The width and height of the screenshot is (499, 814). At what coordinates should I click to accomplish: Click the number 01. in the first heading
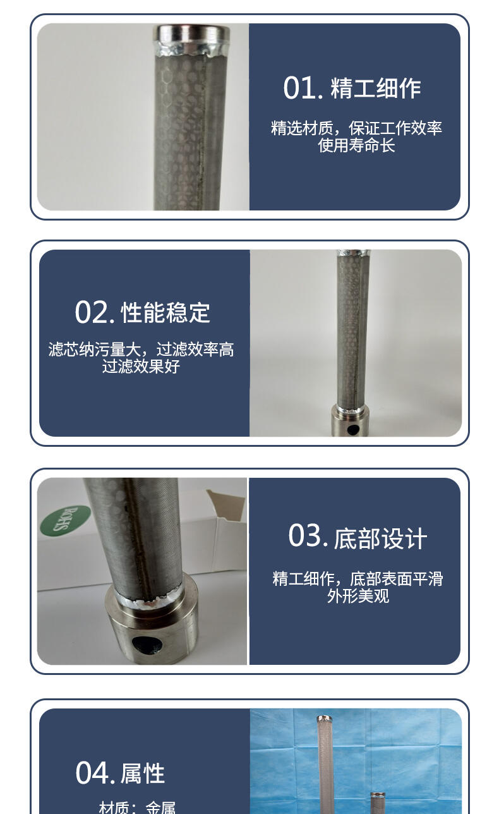[303, 88]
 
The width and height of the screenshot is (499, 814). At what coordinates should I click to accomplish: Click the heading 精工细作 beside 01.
[376, 88]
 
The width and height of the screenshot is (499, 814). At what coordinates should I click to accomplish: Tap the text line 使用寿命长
[356, 145]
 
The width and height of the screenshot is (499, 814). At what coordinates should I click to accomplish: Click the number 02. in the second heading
[95, 312]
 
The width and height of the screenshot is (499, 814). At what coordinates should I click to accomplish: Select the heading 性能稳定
[165, 312]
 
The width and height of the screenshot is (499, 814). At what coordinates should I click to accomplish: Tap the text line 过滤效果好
[141, 367]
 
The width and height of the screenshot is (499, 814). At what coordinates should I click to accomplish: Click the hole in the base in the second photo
[353, 430]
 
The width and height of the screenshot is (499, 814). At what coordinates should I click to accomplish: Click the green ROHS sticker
[65, 520]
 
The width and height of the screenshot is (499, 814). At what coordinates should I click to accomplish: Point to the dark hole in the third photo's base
[147, 645]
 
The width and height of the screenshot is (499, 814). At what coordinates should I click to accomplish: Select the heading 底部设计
[380, 538]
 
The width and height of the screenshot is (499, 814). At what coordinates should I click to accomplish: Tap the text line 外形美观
[358, 596]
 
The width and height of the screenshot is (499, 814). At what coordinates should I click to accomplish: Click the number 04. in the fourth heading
[95, 772]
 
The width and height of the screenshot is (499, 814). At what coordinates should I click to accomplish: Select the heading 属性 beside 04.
[143, 773]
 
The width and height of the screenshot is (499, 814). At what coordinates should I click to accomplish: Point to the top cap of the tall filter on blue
[324, 718]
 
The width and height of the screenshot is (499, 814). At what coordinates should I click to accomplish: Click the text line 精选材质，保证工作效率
[356, 128]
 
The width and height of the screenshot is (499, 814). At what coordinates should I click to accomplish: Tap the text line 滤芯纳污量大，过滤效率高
[141, 349]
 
